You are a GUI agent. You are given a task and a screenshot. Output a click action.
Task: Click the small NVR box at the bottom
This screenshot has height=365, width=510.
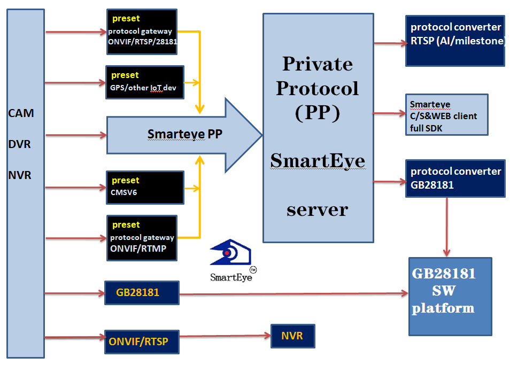click(292, 336)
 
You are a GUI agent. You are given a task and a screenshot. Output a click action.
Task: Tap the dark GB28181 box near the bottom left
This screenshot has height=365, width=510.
click(141, 292)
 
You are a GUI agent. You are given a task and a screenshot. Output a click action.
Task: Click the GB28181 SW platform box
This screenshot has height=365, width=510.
click(450, 297)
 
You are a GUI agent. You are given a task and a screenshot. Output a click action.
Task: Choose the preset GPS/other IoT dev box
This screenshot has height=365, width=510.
click(145, 82)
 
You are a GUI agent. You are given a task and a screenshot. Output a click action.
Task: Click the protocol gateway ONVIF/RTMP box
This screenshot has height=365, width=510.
click(142, 238)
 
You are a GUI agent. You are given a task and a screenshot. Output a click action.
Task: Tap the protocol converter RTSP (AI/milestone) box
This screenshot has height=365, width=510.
click(455, 40)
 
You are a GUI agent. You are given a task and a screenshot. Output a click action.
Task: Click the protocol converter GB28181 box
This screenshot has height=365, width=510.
click(455, 178)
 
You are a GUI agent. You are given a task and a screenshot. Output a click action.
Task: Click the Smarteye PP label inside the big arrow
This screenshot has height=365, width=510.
click(184, 135)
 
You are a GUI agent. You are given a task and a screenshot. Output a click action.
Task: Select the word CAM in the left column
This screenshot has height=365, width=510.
click(21, 113)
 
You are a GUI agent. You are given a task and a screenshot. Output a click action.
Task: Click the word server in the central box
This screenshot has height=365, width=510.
click(317, 209)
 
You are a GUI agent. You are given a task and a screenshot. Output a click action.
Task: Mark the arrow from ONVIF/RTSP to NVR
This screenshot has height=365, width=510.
click(225, 336)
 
